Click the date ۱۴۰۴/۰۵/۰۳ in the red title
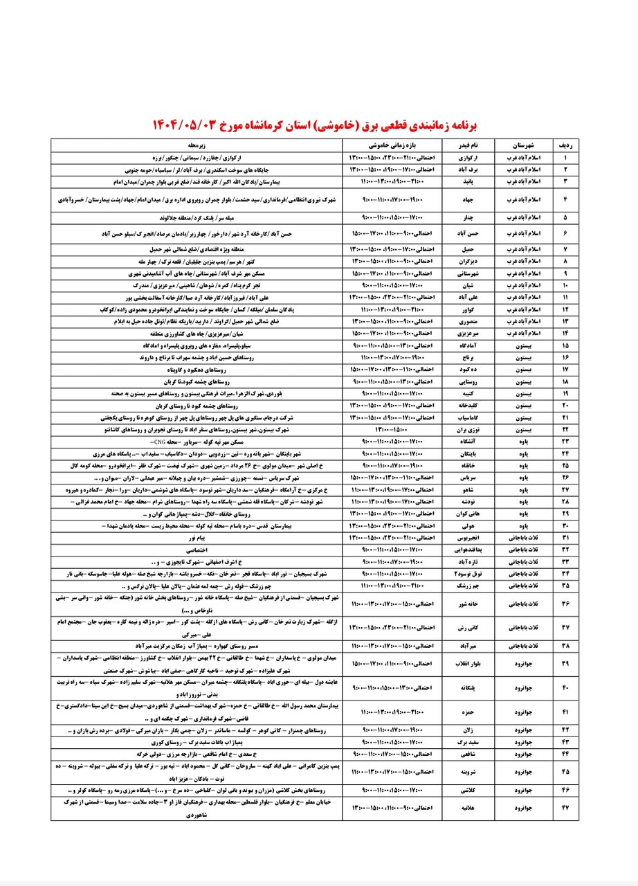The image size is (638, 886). [192, 125]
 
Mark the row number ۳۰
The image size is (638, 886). [565, 526]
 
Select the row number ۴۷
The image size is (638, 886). [565, 806]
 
